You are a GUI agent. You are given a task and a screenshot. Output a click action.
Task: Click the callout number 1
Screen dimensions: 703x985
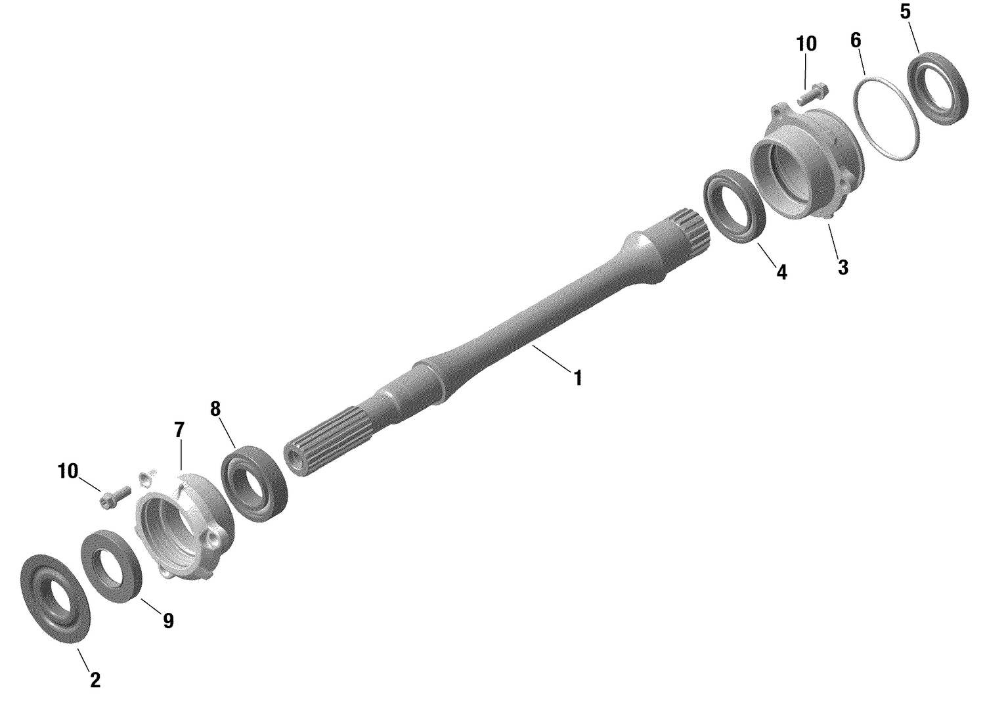click(578, 378)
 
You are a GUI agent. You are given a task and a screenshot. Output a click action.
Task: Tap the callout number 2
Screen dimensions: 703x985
click(95, 680)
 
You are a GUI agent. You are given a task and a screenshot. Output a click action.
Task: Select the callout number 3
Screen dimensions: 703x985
click(843, 267)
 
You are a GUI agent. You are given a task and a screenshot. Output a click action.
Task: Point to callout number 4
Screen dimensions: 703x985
click(781, 271)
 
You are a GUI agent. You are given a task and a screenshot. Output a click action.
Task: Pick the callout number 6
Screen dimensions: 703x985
click(855, 40)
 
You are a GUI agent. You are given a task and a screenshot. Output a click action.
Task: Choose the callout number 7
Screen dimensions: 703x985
click(179, 430)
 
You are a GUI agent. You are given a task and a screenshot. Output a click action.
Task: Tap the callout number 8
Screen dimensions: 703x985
click(215, 409)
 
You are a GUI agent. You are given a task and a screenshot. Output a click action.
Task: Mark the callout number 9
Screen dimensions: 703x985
click(168, 621)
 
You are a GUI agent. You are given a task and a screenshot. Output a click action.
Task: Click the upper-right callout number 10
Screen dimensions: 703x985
click(806, 44)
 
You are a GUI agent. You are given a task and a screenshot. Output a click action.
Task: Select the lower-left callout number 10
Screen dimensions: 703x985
click(68, 471)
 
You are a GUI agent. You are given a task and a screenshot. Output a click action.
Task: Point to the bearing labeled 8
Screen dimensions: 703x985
click(255, 484)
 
